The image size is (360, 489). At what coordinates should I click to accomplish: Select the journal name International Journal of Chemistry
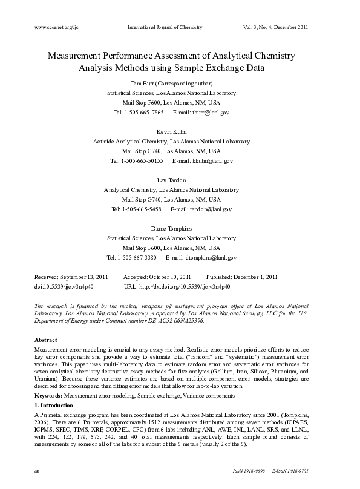click(x=165, y=28)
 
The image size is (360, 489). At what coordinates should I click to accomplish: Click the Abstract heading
click(x=46, y=340)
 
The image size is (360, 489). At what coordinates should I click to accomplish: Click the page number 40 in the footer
click(x=38, y=471)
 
